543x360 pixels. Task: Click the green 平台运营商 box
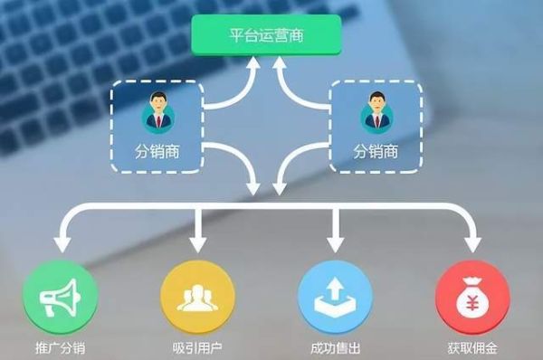[266, 37]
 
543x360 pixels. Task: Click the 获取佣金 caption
[472, 347]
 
